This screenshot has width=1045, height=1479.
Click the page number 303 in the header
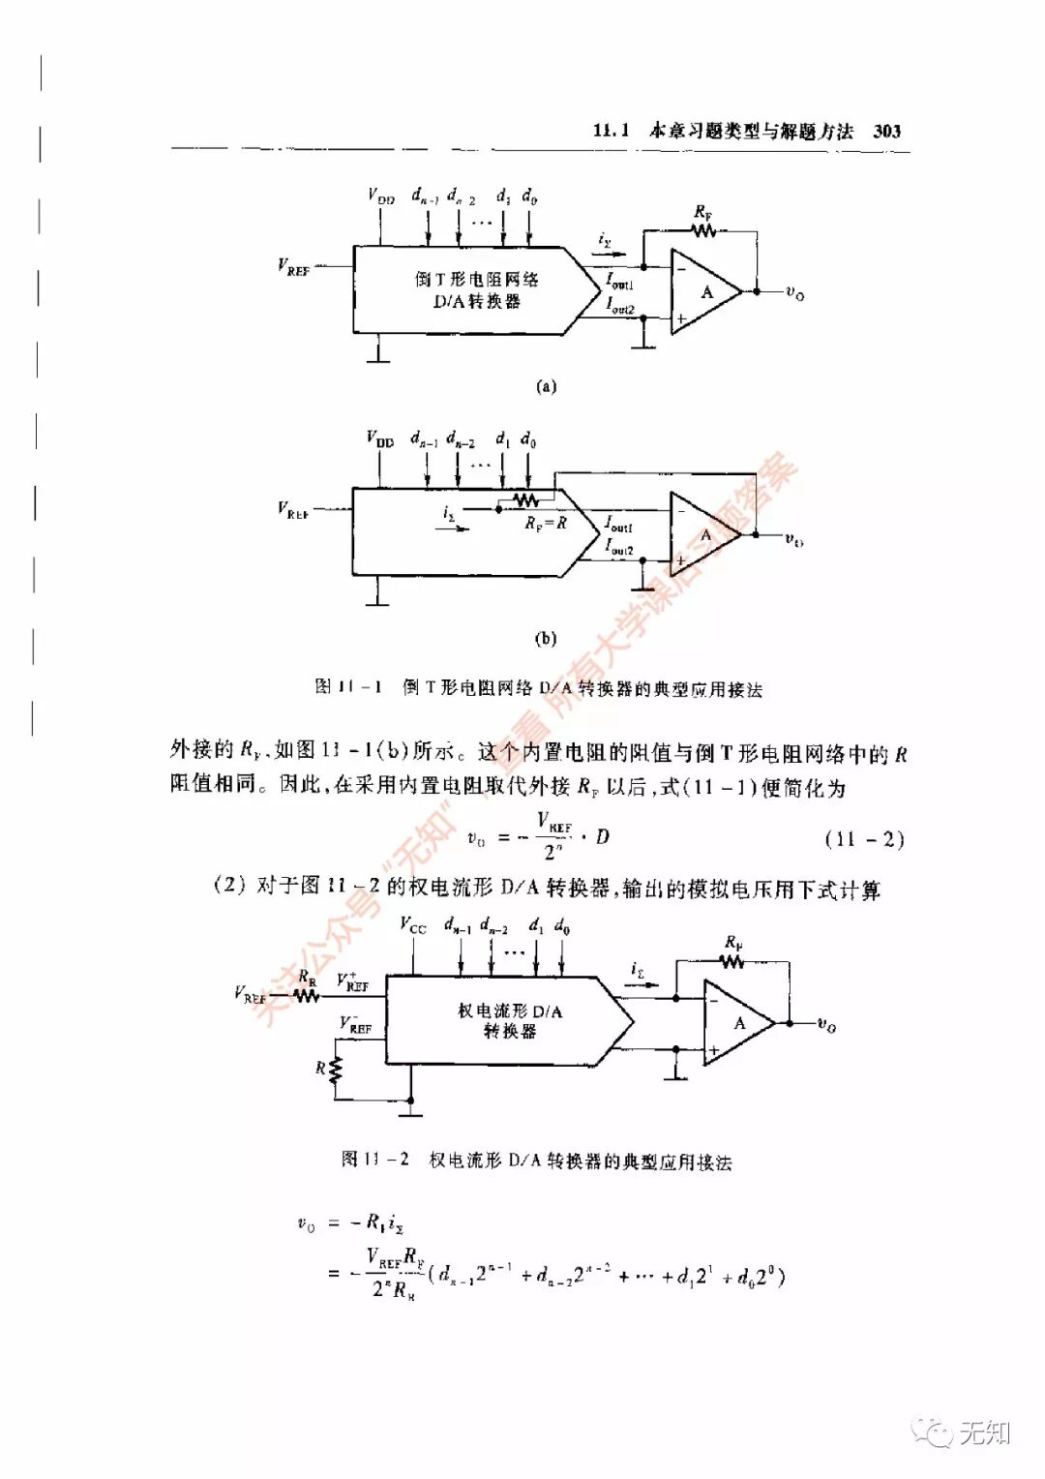(x=886, y=132)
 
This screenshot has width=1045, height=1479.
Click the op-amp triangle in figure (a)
(x=703, y=291)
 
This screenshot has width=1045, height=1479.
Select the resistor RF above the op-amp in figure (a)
(x=703, y=230)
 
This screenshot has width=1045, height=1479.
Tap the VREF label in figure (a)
(x=294, y=266)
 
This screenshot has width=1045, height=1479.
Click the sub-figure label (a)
(x=546, y=386)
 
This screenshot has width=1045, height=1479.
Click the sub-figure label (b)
(x=546, y=639)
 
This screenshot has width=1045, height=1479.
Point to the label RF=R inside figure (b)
(x=546, y=523)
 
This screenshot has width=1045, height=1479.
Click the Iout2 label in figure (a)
(x=620, y=307)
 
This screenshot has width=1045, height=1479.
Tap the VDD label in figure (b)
(x=380, y=438)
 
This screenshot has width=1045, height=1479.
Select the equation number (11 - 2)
(x=864, y=838)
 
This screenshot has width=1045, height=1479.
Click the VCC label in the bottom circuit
(x=413, y=925)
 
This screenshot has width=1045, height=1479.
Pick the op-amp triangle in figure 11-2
(x=736, y=1023)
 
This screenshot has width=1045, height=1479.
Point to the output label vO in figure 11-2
(x=826, y=1024)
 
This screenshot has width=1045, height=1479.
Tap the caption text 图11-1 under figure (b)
(x=348, y=687)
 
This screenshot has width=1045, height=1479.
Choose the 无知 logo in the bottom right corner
(x=967, y=1432)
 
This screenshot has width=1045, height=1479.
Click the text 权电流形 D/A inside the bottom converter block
(x=509, y=1011)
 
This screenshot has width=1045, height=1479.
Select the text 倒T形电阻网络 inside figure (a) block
(x=476, y=279)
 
